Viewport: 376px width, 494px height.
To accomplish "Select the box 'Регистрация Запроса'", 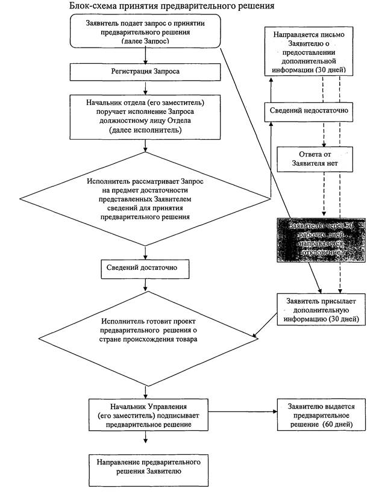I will click(x=144, y=72).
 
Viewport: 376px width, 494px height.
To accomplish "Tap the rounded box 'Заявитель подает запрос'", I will click(x=145, y=30).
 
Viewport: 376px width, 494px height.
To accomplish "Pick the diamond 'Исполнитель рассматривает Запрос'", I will click(x=144, y=198).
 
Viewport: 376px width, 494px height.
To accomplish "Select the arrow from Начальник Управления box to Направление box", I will click(x=145, y=441).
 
